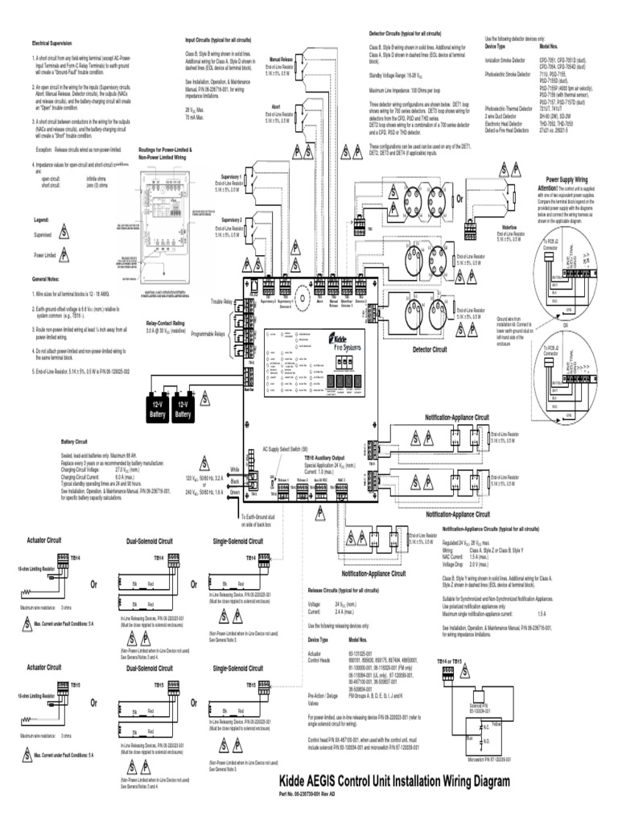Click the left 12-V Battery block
click(x=157, y=410)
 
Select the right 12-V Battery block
click(x=184, y=410)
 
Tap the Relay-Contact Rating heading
click(x=165, y=321)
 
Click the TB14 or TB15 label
click(x=449, y=661)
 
